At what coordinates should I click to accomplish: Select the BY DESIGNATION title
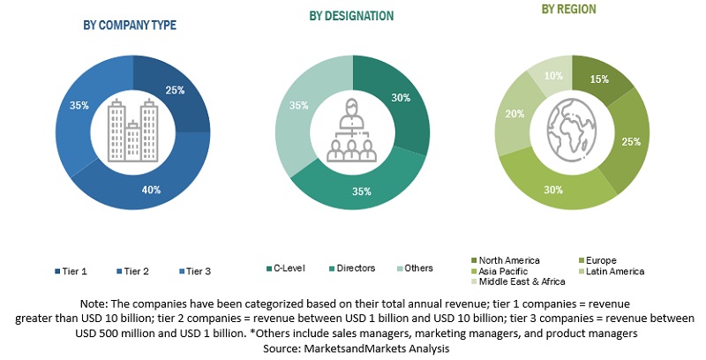point(351,16)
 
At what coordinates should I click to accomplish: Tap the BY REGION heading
point(569,10)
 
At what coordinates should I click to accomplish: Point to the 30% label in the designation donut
point(401,99)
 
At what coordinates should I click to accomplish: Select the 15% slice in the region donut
point(605,82)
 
